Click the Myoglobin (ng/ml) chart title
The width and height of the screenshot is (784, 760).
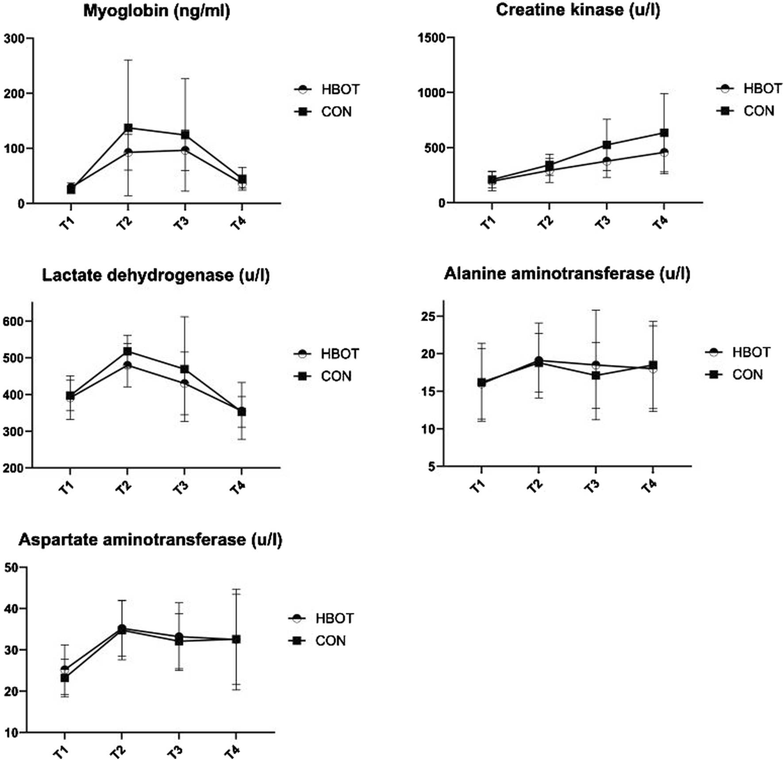pos(157,11)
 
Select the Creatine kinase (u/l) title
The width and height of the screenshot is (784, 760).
pos(578,10)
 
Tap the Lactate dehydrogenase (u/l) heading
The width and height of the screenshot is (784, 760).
pos(156,275)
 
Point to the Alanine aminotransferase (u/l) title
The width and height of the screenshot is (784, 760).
pos(567,274)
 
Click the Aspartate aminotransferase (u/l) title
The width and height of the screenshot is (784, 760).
pos(150,540)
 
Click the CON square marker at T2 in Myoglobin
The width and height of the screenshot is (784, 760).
pos(128,128)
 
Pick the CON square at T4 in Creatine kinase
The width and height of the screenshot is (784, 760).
pos(664,133)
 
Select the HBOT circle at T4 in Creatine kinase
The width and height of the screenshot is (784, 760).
pos(664,153)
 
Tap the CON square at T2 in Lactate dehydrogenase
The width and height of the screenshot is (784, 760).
pos(127,351)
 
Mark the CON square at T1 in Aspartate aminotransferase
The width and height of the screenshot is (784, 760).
pos(65,678)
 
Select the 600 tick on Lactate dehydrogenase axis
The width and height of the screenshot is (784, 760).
pos(16,321)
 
